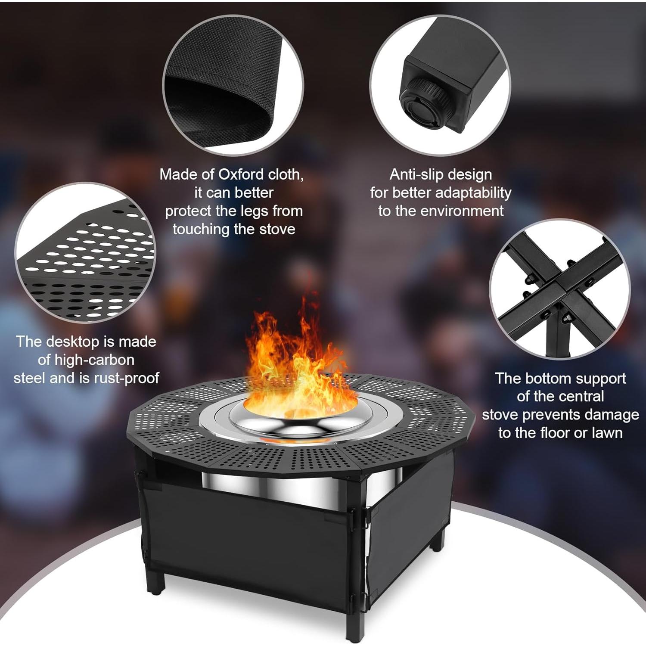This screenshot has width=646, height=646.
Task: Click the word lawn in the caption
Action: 607,433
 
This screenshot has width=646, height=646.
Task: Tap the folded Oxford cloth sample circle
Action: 233,86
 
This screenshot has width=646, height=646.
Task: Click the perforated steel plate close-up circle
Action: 86,254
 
